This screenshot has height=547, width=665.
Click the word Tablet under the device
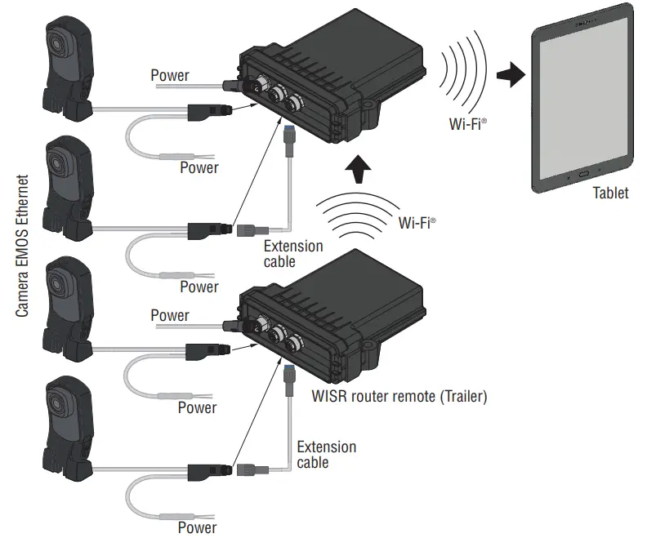pos(610,193)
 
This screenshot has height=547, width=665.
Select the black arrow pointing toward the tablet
pos(511,76)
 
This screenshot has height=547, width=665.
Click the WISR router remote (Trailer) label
pos(399,398)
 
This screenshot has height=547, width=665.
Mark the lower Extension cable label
pos(326,455)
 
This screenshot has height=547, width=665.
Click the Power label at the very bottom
pos(198,527)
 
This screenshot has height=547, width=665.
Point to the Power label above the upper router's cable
pos(170,76)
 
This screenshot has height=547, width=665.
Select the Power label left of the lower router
pos(170,315)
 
